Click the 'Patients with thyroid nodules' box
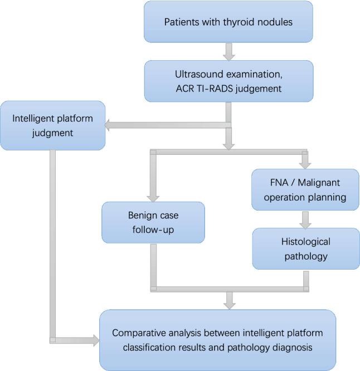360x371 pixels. point(228,22)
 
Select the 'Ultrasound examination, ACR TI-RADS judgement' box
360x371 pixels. point(228,81)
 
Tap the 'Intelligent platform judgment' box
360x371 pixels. point(52,125)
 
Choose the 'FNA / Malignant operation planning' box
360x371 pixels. point(305,189)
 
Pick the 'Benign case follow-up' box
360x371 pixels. point(153,222)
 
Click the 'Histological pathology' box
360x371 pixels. point(305,248)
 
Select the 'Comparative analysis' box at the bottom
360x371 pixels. point(217,340)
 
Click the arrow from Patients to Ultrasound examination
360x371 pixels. point(228,51)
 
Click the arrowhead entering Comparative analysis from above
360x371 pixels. point(228,304)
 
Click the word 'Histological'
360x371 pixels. point(305,242)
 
